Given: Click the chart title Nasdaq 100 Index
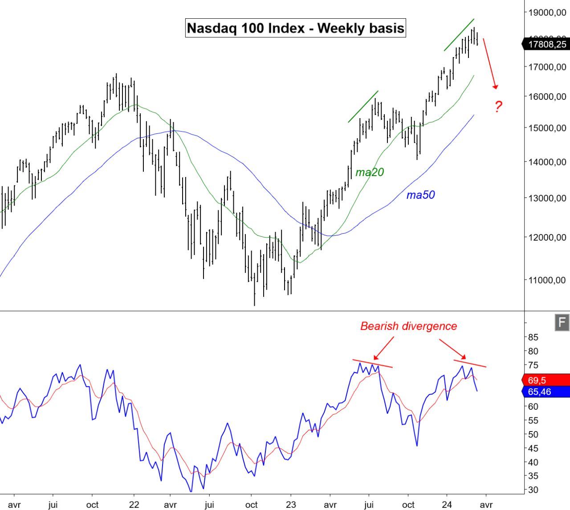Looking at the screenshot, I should point(295,28).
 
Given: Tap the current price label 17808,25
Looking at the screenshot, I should point(547,44).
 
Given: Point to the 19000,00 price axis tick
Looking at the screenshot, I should point(547,13).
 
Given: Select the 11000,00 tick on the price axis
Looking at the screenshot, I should point(547,280).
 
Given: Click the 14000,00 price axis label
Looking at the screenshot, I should point(547,162).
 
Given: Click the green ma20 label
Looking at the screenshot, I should point(370,172).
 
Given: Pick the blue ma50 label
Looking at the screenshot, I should point(420,195).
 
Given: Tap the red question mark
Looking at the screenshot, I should point(498,107).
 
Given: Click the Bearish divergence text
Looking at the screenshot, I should point(408,326).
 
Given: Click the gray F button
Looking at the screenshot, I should point(562,322).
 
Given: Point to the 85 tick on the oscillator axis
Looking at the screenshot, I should point(533,337).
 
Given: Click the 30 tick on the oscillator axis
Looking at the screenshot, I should point(533,489).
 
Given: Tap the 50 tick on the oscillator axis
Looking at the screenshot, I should point(533,434).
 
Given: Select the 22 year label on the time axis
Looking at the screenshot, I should point(134,505).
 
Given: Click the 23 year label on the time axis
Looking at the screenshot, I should point(291,505).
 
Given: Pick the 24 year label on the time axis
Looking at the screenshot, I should point(447,505).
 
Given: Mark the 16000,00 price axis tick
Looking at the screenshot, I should point(547,97).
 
